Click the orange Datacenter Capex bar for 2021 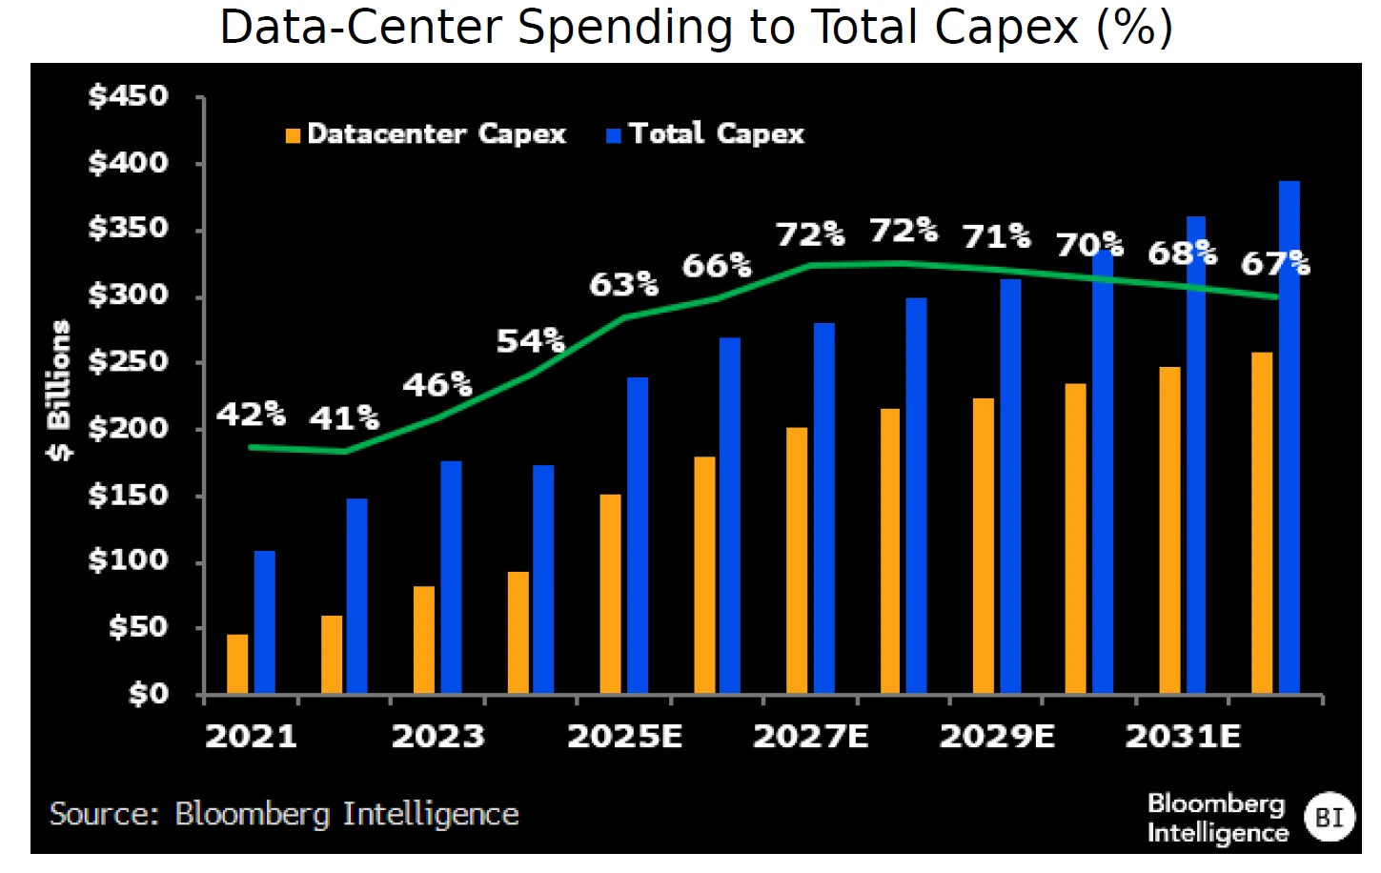pos(237,663)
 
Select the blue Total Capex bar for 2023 pos(451,577)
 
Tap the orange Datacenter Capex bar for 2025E pos(610,593)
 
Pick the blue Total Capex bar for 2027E pos(823,507)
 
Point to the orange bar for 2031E pos(1169,529)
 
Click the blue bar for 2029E pos(1010,485)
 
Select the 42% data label pos(251,415)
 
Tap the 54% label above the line pos(530,340)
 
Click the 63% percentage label pos(623,284)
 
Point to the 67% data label pos(1275,263)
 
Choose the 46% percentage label pos(437,385)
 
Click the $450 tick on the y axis pos(128,96)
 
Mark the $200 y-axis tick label pos(128,429)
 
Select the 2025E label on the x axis pos(624,737)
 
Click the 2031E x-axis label pos(1183,737)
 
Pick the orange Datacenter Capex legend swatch pos(293,135)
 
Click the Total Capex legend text pos(717,134)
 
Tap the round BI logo pos(1329,817)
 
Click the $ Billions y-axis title pos(59,391)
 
